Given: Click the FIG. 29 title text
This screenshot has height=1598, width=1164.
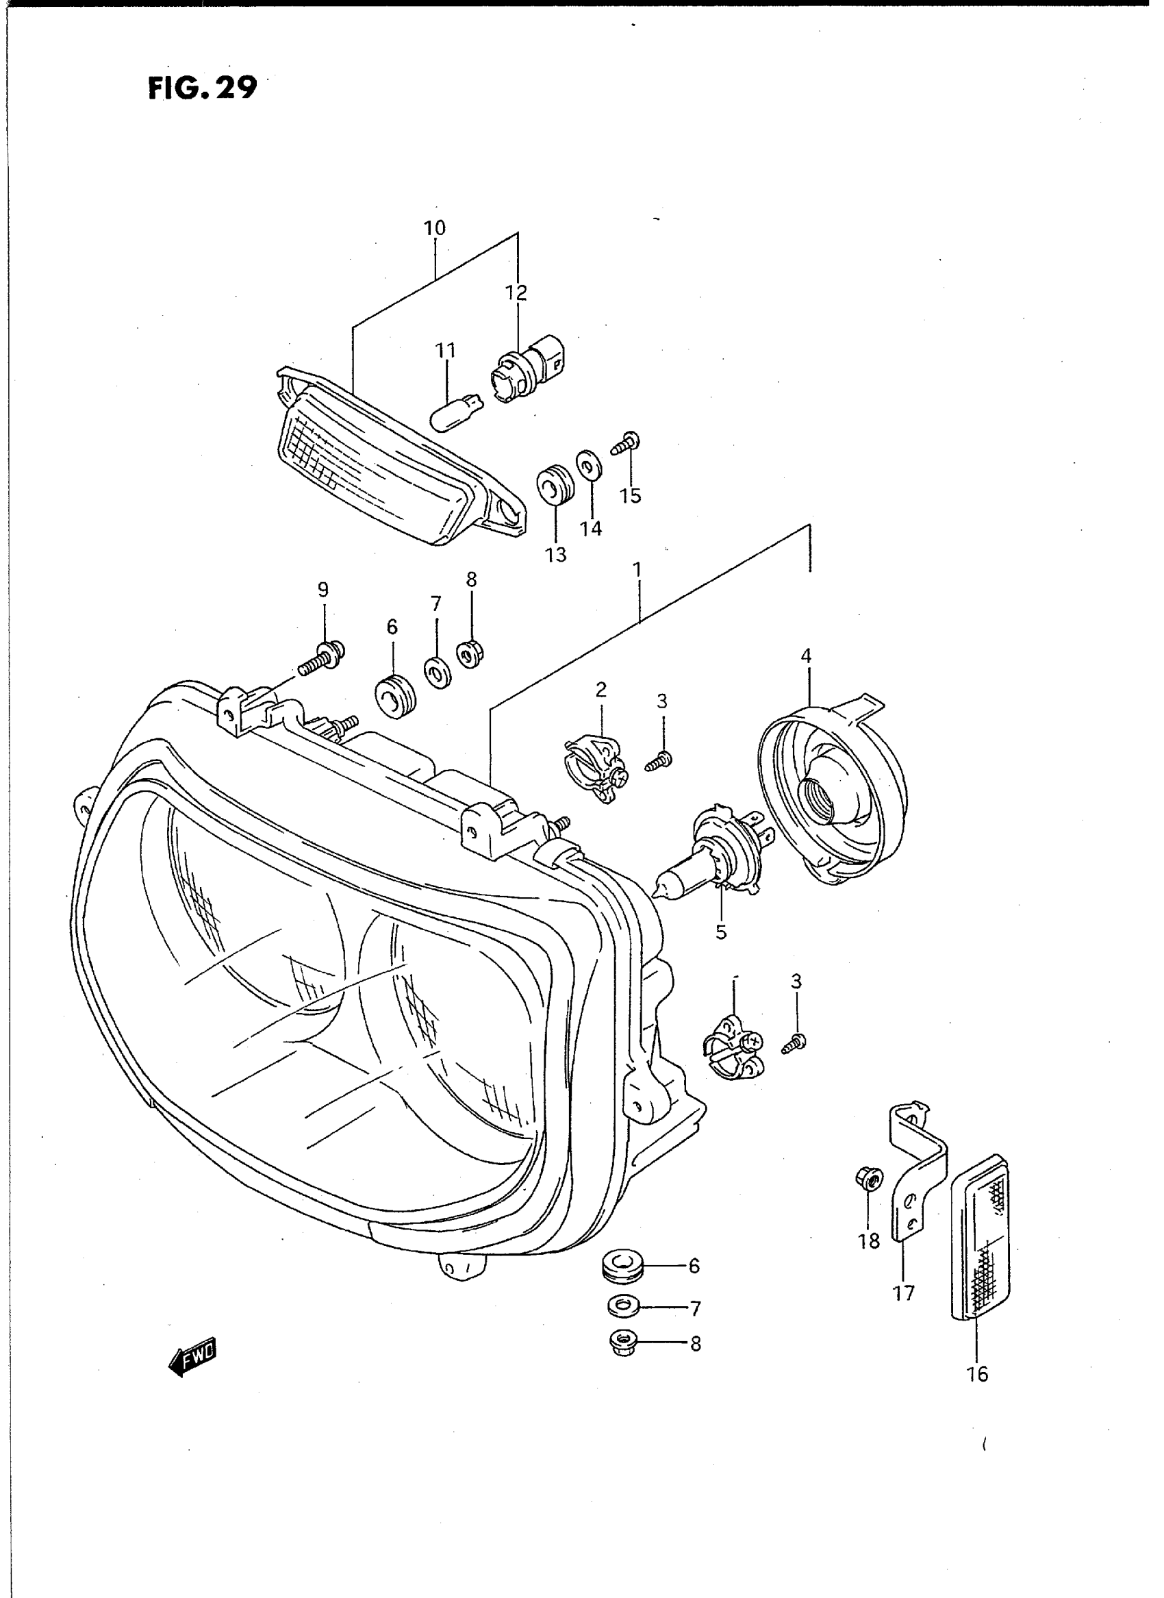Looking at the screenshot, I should click(203, 88).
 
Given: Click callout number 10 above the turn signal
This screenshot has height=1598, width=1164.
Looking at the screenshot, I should click(435, 228).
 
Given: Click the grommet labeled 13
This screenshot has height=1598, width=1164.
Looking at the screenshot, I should click(556, 484).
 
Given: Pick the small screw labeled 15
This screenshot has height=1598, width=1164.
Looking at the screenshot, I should click(627, 442).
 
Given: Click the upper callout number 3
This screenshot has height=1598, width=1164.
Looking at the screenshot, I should click(661, 701).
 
